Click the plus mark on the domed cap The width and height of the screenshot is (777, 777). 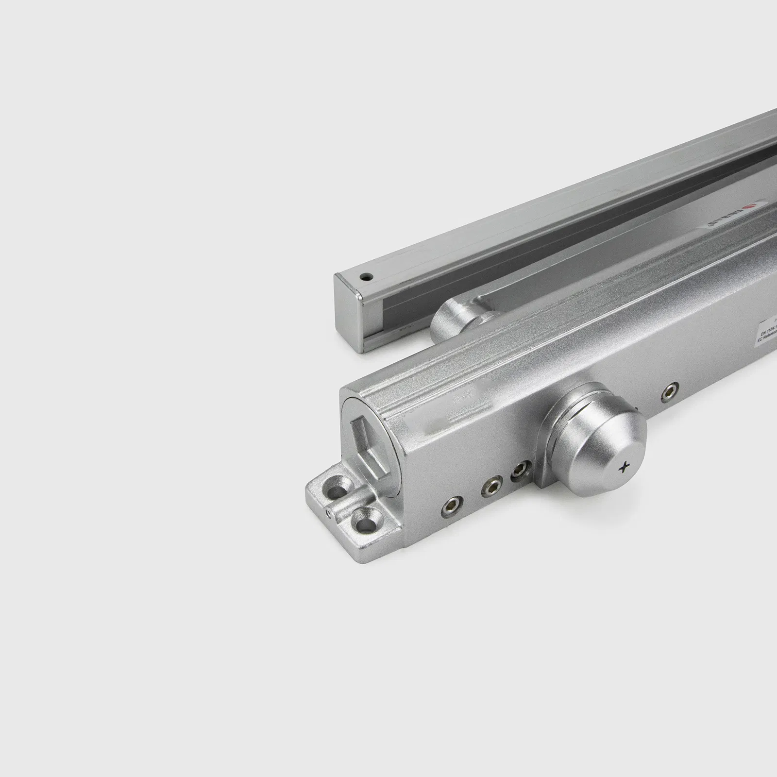625,468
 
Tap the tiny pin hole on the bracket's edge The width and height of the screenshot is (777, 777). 329,511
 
